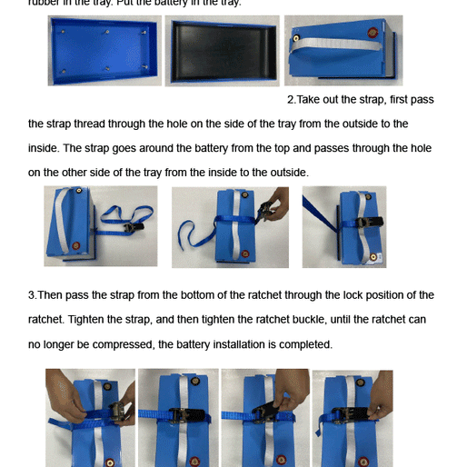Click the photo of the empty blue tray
coord(104,51)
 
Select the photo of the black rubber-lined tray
coord(223,51)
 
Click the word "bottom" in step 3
coord(210,295)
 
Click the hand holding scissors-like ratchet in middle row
coord(268,202)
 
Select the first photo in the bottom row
coord(90,417)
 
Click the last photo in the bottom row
coord(352,417)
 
